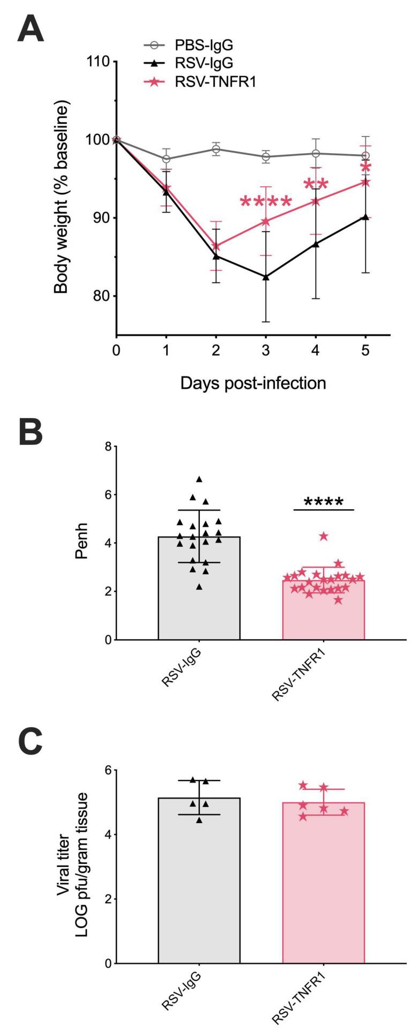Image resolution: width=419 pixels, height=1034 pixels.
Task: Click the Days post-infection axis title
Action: click(x=253, y=383)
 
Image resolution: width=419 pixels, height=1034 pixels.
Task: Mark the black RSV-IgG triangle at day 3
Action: click(x=265, y=277)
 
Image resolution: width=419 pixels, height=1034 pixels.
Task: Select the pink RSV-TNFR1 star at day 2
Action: click(x=216, y=246)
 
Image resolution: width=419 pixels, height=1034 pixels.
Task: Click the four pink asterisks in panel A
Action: click(x=266, y=202)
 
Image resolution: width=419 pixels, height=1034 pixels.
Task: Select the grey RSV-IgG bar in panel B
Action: click(x=199, y=605)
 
